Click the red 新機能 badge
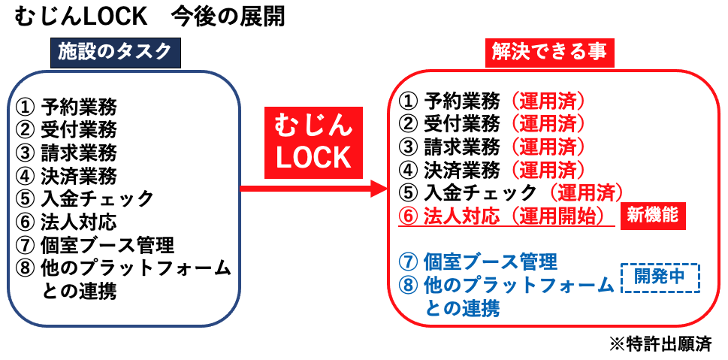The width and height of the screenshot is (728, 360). [x=653, y=215]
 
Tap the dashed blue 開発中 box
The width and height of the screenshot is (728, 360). [x=660, y=277]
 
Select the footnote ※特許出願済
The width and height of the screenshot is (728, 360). [x=660, y=344]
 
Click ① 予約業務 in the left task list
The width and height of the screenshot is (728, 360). [x=67, y=104]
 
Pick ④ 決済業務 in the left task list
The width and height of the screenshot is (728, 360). [x=67, y=175]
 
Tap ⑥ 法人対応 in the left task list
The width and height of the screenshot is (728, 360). [x=67, y=222]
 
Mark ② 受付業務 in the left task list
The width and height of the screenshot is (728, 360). [x=67, y=129]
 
